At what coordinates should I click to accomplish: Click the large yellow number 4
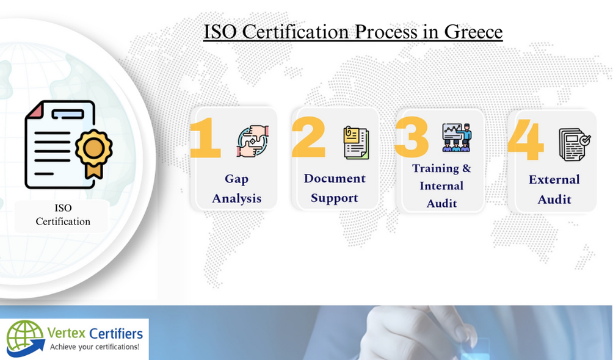point(526,140)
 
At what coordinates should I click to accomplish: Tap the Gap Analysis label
point(236,189)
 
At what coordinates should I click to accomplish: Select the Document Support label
point(335,188)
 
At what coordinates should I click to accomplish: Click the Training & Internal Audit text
point(441,185)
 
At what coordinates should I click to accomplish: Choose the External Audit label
point(554,189)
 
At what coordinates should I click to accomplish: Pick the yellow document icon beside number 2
point(355,143)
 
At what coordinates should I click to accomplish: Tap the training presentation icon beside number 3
point(457,137)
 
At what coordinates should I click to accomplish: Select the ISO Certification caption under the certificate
point(63,215)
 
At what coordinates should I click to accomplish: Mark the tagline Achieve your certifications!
point(94,347)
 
